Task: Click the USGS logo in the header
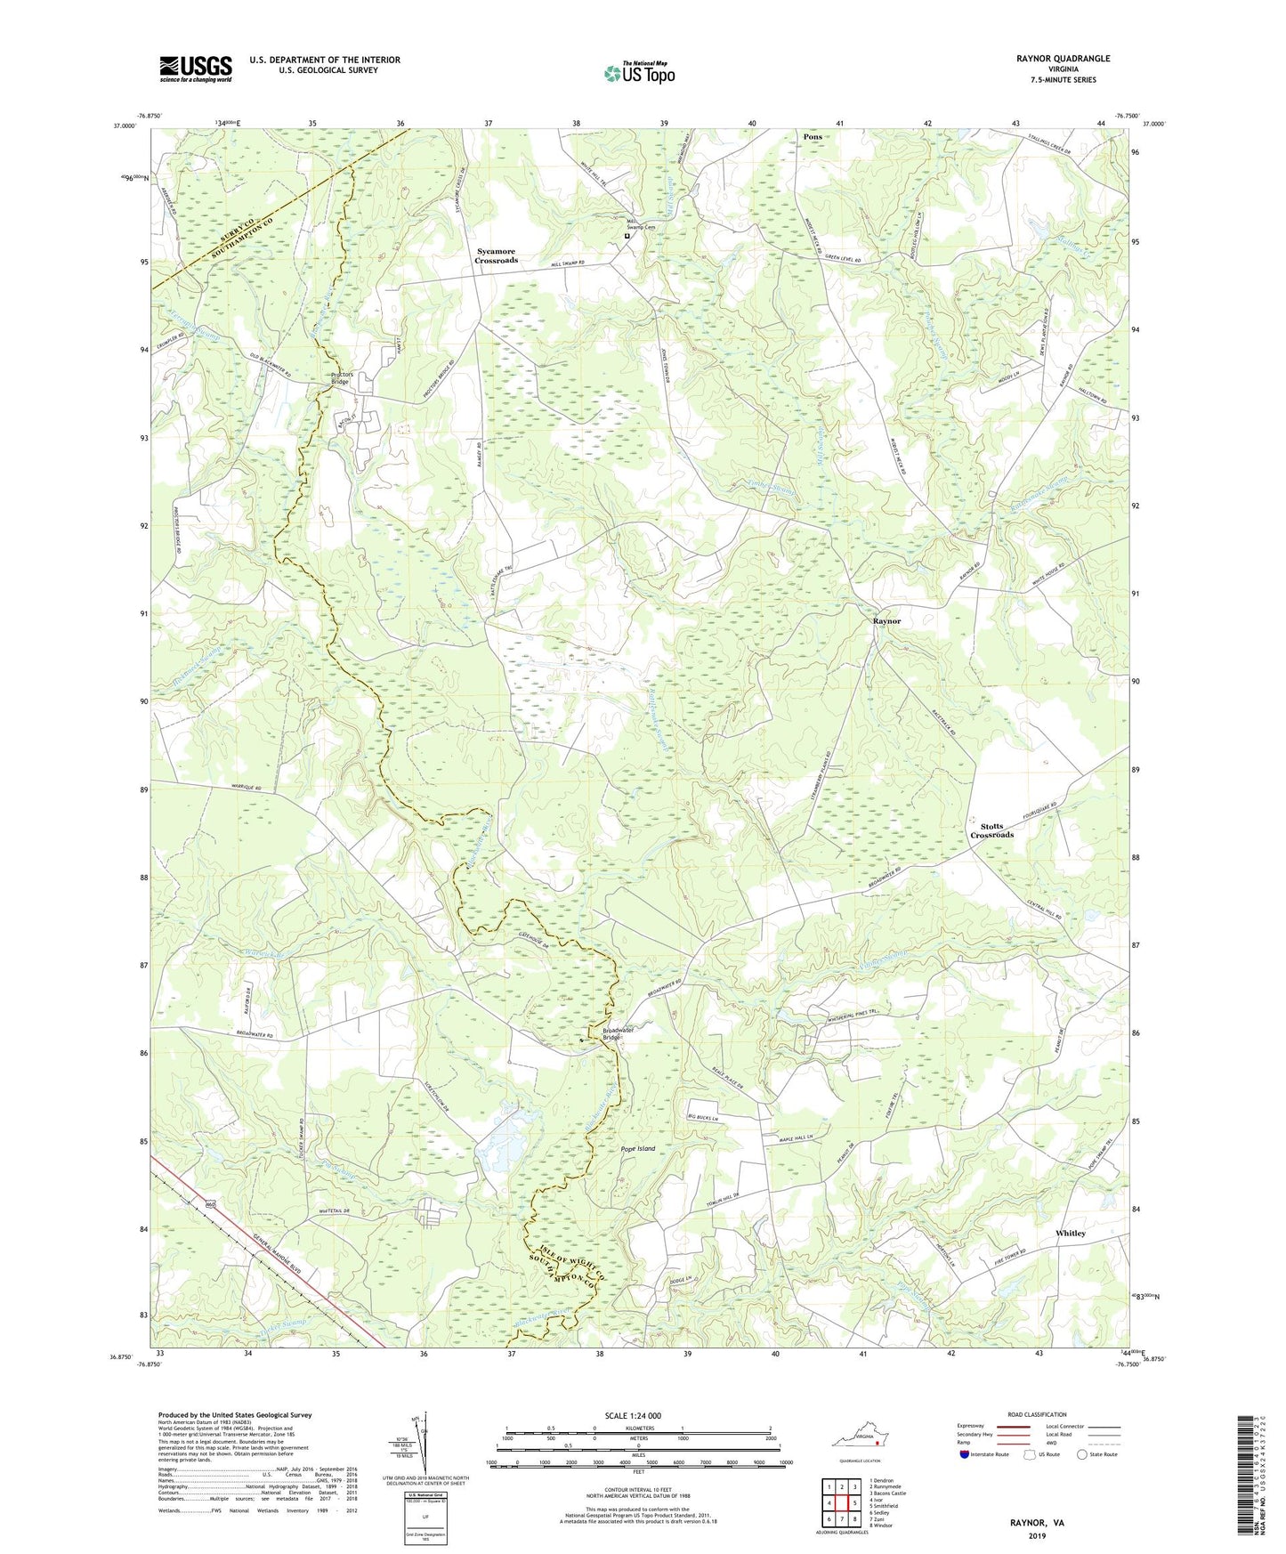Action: [196, 69]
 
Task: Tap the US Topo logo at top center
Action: [637, 73]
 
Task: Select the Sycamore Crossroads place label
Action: [496, 255]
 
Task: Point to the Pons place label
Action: [812, 137]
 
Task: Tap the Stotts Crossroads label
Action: [991, 830]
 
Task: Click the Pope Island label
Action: [637, 1149]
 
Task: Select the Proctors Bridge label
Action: [342, 378]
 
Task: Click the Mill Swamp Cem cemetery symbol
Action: [626, 237]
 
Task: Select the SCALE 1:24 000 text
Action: [632, 1416]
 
